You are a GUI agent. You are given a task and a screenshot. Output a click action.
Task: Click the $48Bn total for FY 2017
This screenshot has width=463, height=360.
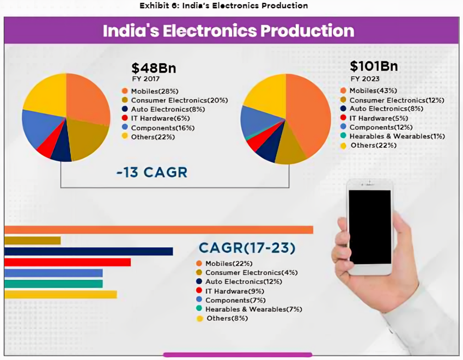coord(153,68)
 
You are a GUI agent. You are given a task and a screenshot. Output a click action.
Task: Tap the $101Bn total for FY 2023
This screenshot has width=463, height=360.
coord(374,66)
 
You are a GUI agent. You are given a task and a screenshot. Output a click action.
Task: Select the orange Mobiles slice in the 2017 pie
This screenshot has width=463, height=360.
coord(87,98)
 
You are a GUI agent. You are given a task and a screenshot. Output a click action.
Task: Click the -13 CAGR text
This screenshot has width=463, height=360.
coord(151,173)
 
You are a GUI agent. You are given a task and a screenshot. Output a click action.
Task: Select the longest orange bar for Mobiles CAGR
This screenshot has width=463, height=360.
coord(158,229)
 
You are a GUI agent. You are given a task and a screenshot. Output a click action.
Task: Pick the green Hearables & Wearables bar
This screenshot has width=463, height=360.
coord(53,284)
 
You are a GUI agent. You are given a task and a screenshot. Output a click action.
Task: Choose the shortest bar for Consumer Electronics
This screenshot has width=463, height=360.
coord(32,240)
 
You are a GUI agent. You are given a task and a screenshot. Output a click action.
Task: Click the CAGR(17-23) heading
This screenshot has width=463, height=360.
coord(247,248)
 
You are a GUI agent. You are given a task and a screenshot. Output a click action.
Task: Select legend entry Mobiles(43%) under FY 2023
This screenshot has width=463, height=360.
coord(373,90)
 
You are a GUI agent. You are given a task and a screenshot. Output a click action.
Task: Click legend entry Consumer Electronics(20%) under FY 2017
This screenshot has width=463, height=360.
coord(179,100)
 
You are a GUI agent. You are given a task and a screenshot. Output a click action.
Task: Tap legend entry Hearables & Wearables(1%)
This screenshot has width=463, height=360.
coord(397,136)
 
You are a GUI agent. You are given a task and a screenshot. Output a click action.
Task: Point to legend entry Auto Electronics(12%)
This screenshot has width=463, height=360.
coord(243,282)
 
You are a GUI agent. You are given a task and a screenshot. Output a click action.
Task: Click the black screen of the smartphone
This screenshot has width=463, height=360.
coord(370,226)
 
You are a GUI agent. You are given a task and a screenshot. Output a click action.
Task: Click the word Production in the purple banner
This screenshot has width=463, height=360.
coord(308,30)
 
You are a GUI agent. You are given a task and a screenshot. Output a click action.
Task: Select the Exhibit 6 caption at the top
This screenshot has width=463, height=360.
coord(223,5)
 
